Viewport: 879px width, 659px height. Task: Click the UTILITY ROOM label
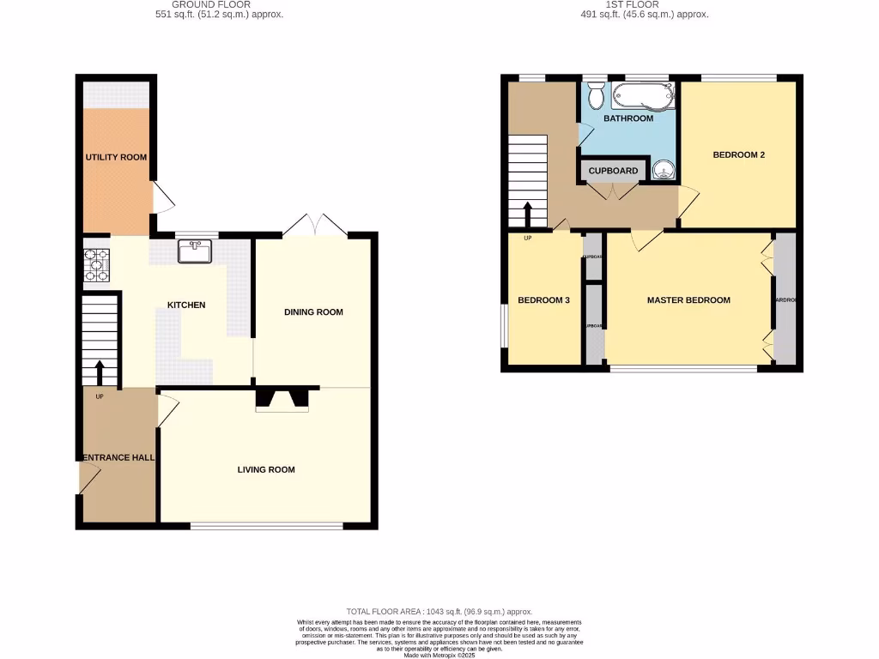point(115,158)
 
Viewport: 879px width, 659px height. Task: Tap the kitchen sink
point(195,251)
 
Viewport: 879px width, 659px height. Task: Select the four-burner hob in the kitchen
point(96,264)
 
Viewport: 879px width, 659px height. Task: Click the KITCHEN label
point(186,305)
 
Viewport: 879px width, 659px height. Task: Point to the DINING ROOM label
point(313,312)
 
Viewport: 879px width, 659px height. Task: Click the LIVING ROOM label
point(266,470)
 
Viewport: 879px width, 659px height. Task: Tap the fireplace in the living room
point(282,399)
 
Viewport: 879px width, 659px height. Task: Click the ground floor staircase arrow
point(99,372)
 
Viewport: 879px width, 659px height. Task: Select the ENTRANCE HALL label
point(118,458)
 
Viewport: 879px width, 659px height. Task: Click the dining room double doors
point(315,225)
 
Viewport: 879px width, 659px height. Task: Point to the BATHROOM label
point(627,118)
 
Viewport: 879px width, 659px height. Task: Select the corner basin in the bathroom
point(664,170)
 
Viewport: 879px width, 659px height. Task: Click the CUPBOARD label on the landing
point(613,171)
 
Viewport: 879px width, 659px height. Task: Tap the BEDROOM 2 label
point(738,155)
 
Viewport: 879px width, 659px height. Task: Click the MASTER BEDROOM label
point(688,300)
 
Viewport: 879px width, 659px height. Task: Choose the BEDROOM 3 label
point(543,300)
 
